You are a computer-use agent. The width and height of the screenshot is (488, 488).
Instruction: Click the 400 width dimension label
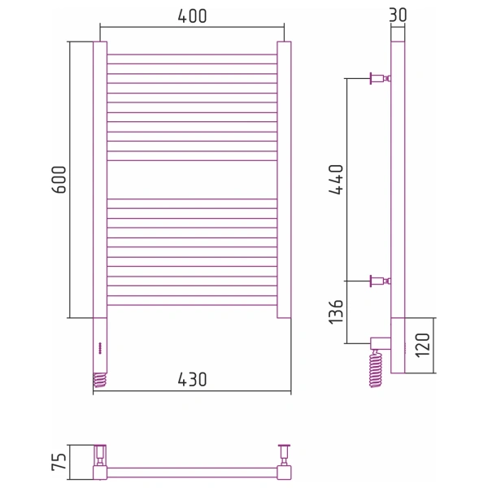tap(192, 16)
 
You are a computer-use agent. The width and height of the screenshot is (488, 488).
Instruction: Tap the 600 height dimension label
tap(59, 180)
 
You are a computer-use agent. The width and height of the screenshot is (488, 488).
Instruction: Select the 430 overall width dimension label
tap(192, 379)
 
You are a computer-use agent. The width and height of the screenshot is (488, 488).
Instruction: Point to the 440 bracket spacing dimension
tap(336, 180)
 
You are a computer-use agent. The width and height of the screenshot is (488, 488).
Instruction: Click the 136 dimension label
tap(336, 312)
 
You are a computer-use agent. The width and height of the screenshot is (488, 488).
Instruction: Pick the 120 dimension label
tap(422, 345)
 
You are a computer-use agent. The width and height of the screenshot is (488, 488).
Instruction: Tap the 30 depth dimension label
tap(398, 15)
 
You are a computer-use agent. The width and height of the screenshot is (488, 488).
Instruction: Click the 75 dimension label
tap(59, 461)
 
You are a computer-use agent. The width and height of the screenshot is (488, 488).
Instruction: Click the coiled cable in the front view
tap(100, 380)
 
